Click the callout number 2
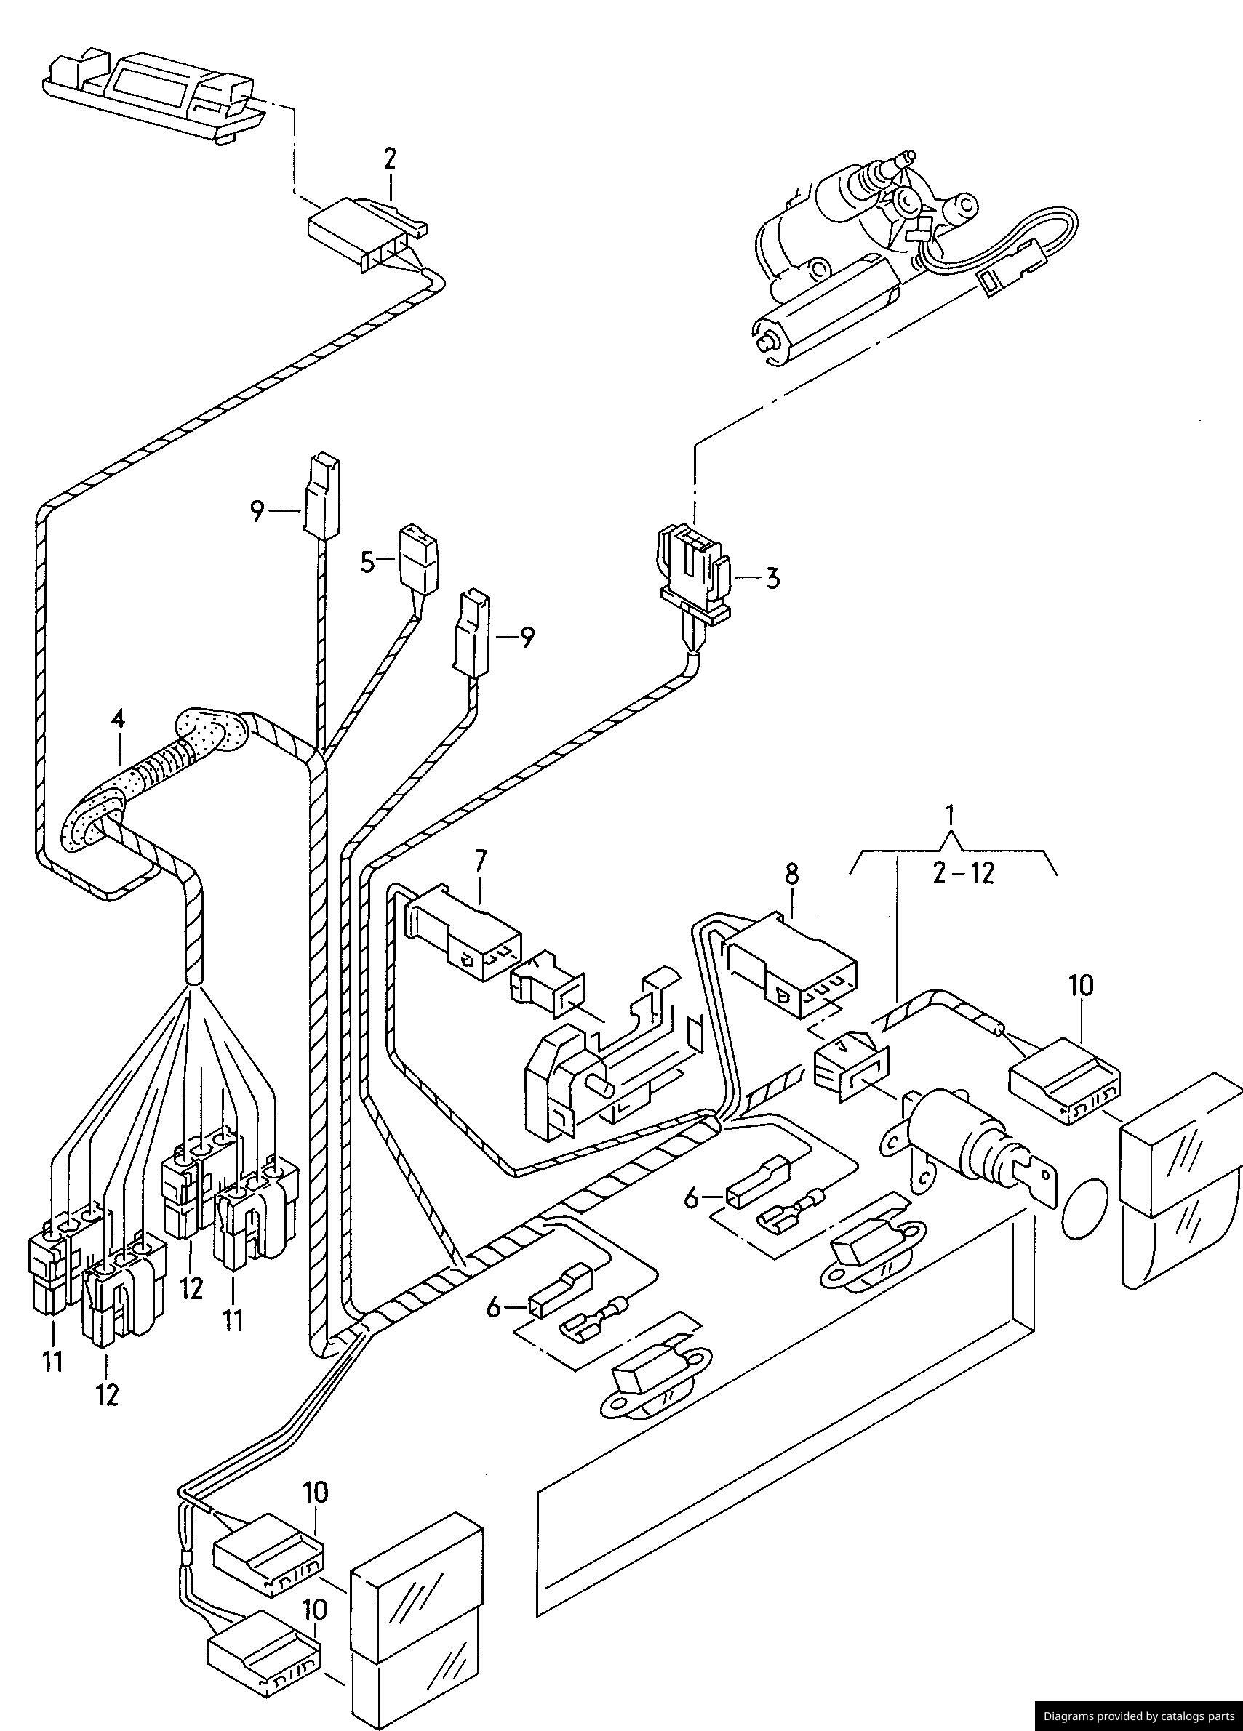[390, 158]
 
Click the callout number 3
[772, 578]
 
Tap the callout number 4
[117, 719]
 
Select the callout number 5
[367, 563]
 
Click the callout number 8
[791, 874]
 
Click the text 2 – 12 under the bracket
[964, 872]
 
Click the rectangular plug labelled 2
[367, 232]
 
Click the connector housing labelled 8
[792, 964]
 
